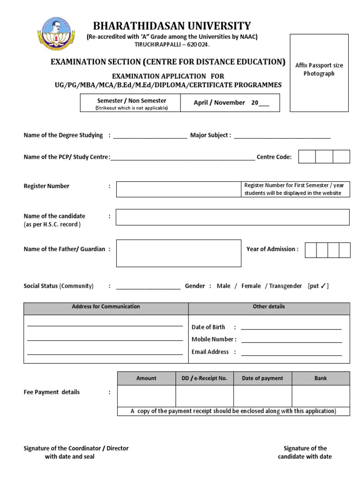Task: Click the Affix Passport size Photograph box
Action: click(x=319, y=73)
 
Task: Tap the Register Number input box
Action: click(x=178, y=189)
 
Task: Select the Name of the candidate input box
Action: click(x=232, y=217)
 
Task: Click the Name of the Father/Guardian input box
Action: click(x=179, y=253)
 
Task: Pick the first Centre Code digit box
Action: click(x=307, y=157)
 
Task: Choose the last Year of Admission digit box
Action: click(x=345, y=250)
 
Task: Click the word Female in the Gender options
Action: click(x=251, y=286)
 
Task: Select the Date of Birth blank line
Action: click(x=291, y=329)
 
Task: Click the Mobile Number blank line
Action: click(x=291, y=341)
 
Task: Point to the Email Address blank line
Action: click(x=291, y=353)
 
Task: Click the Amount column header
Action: click(x=146, y=378)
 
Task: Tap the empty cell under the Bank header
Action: click(x=321, y=396)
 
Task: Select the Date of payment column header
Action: click(x=262, y=378)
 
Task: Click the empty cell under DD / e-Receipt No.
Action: click(x=204, y=396)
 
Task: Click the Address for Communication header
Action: click(x=106, y=307)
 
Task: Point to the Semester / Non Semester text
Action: click(x=131, y=101)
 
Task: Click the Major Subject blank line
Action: click(x=282, y=137)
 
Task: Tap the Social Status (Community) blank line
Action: click(x=148, y=288)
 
